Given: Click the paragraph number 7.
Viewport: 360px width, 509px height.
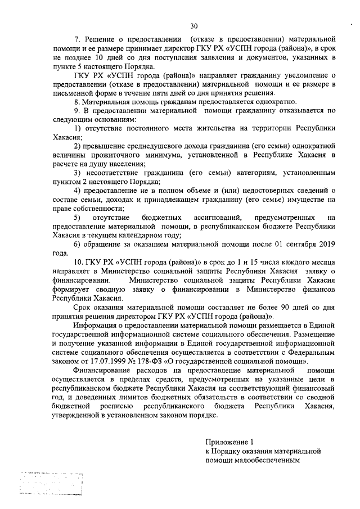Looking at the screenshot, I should [x=77, y=41].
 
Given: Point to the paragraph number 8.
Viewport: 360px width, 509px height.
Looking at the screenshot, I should [x=77, y=102].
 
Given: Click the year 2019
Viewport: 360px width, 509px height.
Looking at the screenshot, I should [x=326, y=245].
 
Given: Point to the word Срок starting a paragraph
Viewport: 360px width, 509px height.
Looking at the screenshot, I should [x=83, y=308].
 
